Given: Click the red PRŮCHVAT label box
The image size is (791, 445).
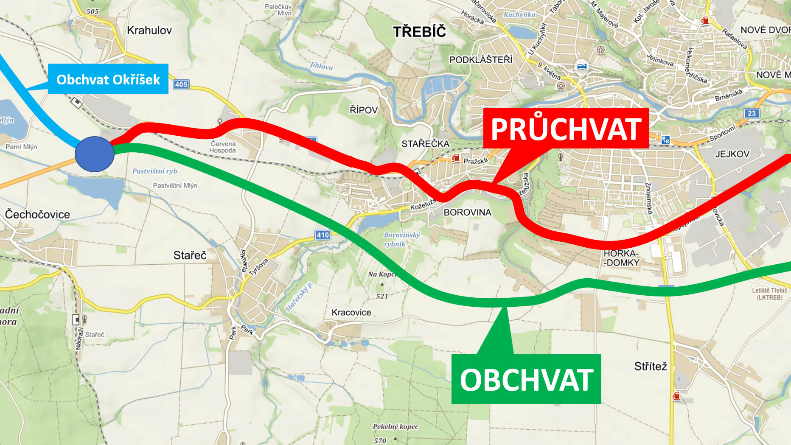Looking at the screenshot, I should tap(566, 129).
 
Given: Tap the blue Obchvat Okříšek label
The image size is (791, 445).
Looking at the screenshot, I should tap(108, 79).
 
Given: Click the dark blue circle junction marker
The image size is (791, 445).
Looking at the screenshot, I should tap(95, 154).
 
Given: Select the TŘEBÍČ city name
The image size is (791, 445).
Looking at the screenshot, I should tap(419, 32).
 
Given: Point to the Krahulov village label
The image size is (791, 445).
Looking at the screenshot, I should tap(149, 31).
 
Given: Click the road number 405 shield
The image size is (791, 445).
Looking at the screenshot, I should tap(181, 84).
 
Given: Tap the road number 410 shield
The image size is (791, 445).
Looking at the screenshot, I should tap(323, 235).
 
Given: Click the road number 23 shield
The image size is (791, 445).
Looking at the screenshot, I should tap(752, 113).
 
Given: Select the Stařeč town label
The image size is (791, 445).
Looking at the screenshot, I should tap(190, 255).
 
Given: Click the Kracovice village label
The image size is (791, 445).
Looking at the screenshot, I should tap(351, 313).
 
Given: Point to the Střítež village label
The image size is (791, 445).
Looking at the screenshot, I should tap(651, 367).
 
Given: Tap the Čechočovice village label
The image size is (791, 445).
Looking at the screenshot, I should tap(37, 215).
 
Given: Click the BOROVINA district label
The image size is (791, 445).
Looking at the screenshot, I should tap(467, 213).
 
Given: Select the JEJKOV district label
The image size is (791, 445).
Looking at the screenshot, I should tap(732, 154).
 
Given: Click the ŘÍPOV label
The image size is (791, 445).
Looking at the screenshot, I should tap(363, 110).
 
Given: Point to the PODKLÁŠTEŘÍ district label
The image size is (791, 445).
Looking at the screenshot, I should tap(481, 60).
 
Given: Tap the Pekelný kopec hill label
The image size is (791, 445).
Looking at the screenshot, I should tap(395, 427).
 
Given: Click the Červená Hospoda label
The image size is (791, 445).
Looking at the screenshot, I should tap(223, 147).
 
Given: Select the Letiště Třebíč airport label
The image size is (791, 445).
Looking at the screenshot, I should tap(769, 294).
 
